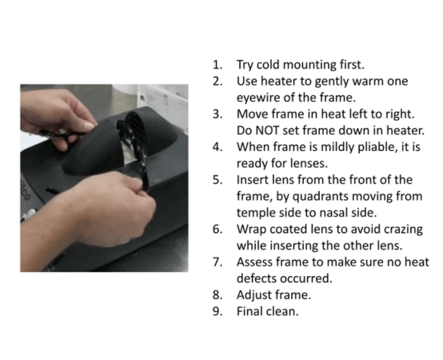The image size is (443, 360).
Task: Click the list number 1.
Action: tap(217, 65)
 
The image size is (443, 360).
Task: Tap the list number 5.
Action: tap(217, 179)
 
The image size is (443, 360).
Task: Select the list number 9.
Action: tap(217, 311)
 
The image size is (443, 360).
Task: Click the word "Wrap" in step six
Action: tap(251, 229)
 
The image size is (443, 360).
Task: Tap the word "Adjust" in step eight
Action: tap(254, 294)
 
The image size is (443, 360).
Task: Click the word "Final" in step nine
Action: tap(250, 311)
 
